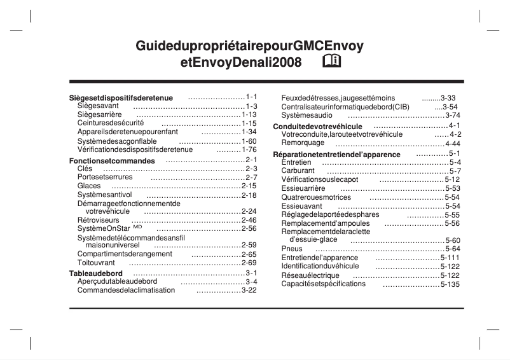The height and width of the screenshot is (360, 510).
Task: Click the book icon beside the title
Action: coord(332,62)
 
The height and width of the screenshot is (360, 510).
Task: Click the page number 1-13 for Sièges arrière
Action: coord(249,114)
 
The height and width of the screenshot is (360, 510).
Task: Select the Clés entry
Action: coord(85,169)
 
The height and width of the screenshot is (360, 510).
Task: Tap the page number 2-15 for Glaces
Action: coord(249,186)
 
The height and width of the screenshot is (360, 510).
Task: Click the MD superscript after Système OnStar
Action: coord(137,226)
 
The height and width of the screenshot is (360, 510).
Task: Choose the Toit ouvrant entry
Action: coord(96,263)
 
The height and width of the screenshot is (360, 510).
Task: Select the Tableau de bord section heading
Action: coord(95,273)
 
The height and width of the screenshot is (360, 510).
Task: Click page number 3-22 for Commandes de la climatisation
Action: coord(249,290)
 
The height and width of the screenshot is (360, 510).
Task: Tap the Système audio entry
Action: coord(307,115)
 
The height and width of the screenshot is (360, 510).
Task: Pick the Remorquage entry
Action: coord(303,143)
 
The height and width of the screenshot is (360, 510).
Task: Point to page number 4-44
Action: coord(453,144)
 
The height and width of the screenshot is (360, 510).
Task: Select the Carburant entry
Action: coord(298,171)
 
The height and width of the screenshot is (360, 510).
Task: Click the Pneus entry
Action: coord(292,249)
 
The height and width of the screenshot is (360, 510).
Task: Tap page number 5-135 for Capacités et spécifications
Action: coord(450,284)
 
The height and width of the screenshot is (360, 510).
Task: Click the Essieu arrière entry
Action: coord(303,188)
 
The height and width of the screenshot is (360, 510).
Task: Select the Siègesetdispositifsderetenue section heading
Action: coord(121,98)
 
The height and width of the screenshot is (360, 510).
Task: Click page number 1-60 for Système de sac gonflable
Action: coord(249,141)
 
